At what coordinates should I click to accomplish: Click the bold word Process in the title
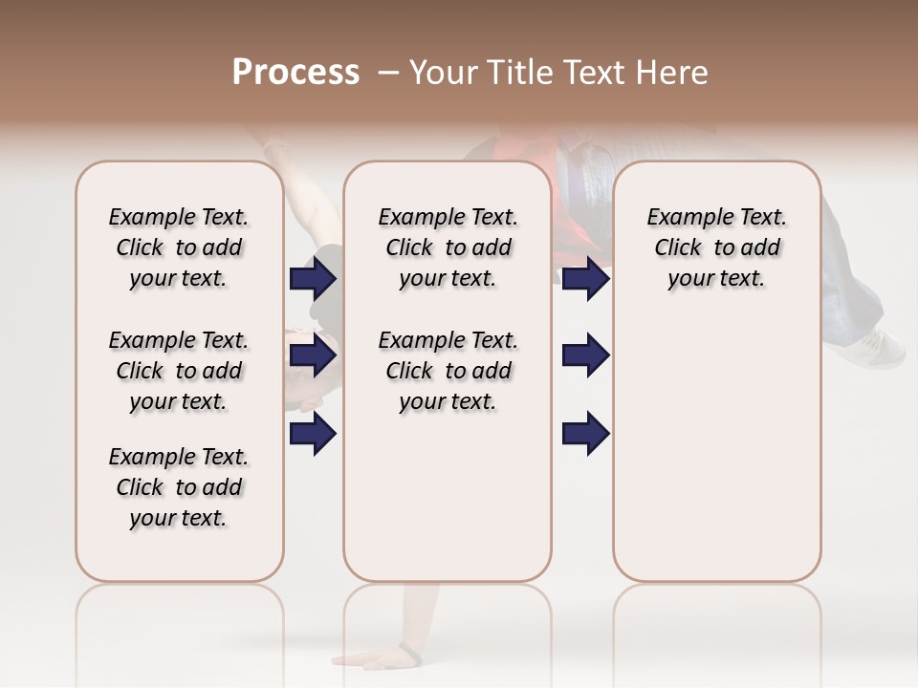pyautogui.click(x=295, y=73)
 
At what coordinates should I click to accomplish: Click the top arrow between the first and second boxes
pyautogui.click(x=313, y=279)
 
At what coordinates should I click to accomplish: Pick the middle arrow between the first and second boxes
pyautogui.click(x=313, y=355)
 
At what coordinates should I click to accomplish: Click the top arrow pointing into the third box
pyautogui.click(x=585, y=279)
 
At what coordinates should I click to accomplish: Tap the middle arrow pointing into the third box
pyautogui.click(x=585, y=355)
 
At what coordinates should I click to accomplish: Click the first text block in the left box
pyautogui.click(x=179, y=247)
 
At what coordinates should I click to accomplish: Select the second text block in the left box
pyautogui.click(x=179, y=371)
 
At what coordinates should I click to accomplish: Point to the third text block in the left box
pyautogui.click(x=179, y=487)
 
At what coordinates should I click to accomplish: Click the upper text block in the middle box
pyautogui.click(x=448, y=247)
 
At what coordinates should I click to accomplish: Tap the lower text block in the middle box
pyautogui.click(x=448, y=371)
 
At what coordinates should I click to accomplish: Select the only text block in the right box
pyautogui.click(x=716, y=247)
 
